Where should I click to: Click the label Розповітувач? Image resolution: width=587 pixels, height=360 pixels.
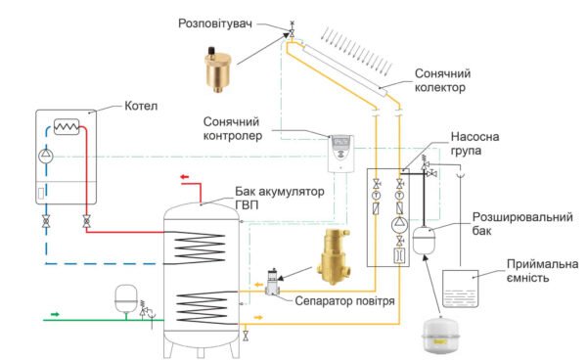(215, 23)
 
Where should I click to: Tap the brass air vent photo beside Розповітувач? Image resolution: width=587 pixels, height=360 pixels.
(218, 69)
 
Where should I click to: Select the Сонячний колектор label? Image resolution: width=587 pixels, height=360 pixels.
(442, 80)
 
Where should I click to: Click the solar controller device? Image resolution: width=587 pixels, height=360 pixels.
(341, 154)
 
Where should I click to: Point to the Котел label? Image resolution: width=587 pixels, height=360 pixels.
(141, 106)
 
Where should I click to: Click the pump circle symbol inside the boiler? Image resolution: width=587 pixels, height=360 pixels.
(46, 156)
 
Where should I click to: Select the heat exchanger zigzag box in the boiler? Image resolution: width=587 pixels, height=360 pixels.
(67, 127)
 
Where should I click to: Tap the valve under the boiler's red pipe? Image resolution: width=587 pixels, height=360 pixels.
(86, 221)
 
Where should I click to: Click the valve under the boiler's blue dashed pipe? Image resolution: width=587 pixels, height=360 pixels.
(46, 221)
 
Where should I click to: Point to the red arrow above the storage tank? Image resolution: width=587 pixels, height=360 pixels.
(185, 177)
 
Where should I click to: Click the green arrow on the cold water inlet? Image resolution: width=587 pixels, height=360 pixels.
(55, 314)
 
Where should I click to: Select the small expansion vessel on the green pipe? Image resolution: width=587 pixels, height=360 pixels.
(126, 298)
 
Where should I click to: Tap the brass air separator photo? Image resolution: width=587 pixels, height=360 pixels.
(334, 256)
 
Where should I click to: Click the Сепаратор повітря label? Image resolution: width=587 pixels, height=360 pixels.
(344, 301)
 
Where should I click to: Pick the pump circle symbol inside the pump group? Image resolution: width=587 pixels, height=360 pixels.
(399, 225)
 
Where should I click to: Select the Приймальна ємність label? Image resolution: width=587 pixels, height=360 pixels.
(542, 271)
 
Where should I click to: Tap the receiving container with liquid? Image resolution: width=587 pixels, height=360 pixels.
(461, 289)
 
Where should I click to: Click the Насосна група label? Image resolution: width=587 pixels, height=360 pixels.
(474, 144)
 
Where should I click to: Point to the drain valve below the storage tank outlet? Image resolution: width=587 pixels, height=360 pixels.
(246, 336)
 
